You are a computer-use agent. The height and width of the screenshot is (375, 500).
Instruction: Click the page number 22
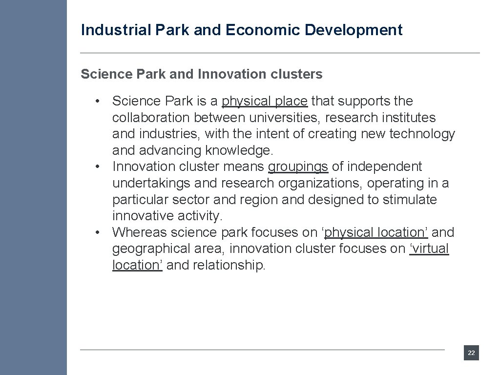(x=471, y=353)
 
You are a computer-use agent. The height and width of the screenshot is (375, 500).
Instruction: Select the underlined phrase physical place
(x=264, y=101)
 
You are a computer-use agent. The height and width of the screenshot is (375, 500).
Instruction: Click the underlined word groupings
(x=298, y=167)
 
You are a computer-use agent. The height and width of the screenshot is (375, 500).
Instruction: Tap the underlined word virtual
(x=429, y=249)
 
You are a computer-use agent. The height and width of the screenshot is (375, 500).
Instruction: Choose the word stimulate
(x=409, y=200)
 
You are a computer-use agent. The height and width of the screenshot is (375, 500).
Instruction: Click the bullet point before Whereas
(x=98, y=232)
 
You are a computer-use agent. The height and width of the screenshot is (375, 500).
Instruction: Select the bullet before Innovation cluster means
(x=98, y=167)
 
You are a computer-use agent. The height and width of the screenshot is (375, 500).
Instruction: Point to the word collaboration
(x=151, y=118)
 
